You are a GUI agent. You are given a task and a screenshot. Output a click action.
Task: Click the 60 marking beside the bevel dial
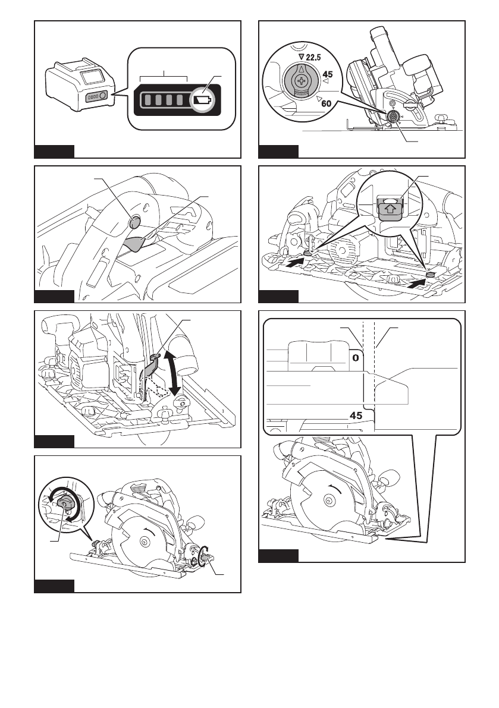pyautogui.click(x=325, y=103)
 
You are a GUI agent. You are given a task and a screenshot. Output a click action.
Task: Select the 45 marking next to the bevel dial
pyautogui.click(x=327, y=75)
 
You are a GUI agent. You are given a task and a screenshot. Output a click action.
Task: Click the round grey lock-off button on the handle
pyautogui.click(x=134, y=222)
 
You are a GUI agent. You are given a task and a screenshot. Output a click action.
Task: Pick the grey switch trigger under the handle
pyautogui.click(x=136, y=243)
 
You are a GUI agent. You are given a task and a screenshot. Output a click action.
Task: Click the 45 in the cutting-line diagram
pyautogui.click(x=356, y=416)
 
